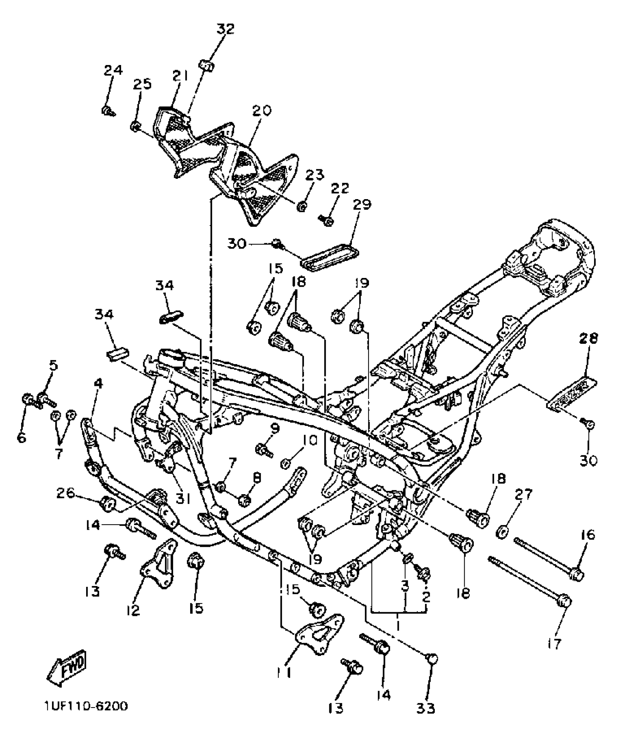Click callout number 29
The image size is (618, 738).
(x=361, y=204)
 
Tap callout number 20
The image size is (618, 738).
(x=262, y=110)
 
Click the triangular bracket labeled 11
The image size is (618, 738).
(x=317, y=634)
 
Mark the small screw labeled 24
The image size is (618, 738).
(x=107, y=110)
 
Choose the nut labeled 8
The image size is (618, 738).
(x=244, y=501)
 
